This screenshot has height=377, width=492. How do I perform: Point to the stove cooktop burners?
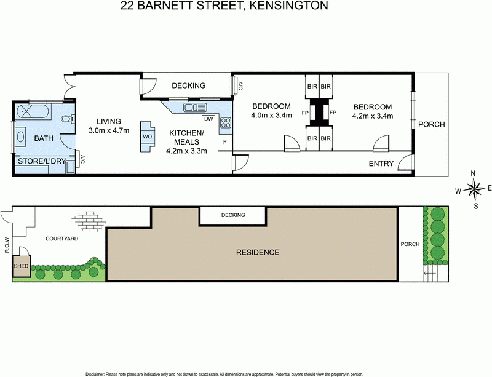(x=225, y=122)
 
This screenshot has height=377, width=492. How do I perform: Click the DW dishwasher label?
(x=208, y=119)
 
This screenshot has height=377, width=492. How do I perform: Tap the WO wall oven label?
(x=147, y=135)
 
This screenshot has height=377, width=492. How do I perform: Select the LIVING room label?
(x=105, y=121)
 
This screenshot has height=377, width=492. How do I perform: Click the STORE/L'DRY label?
(x=41, y=162)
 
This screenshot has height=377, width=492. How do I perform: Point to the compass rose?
(x=473, y=189)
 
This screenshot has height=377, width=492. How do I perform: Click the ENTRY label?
(x=381, y=164)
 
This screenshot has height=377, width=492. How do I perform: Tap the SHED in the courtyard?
(x=21, y=266)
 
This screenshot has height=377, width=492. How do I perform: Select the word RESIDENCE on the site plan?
(x=258, y=252)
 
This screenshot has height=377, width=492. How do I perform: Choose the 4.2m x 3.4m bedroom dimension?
(x=372, y=116)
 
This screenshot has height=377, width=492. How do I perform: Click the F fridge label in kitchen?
(x=225, y=143)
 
